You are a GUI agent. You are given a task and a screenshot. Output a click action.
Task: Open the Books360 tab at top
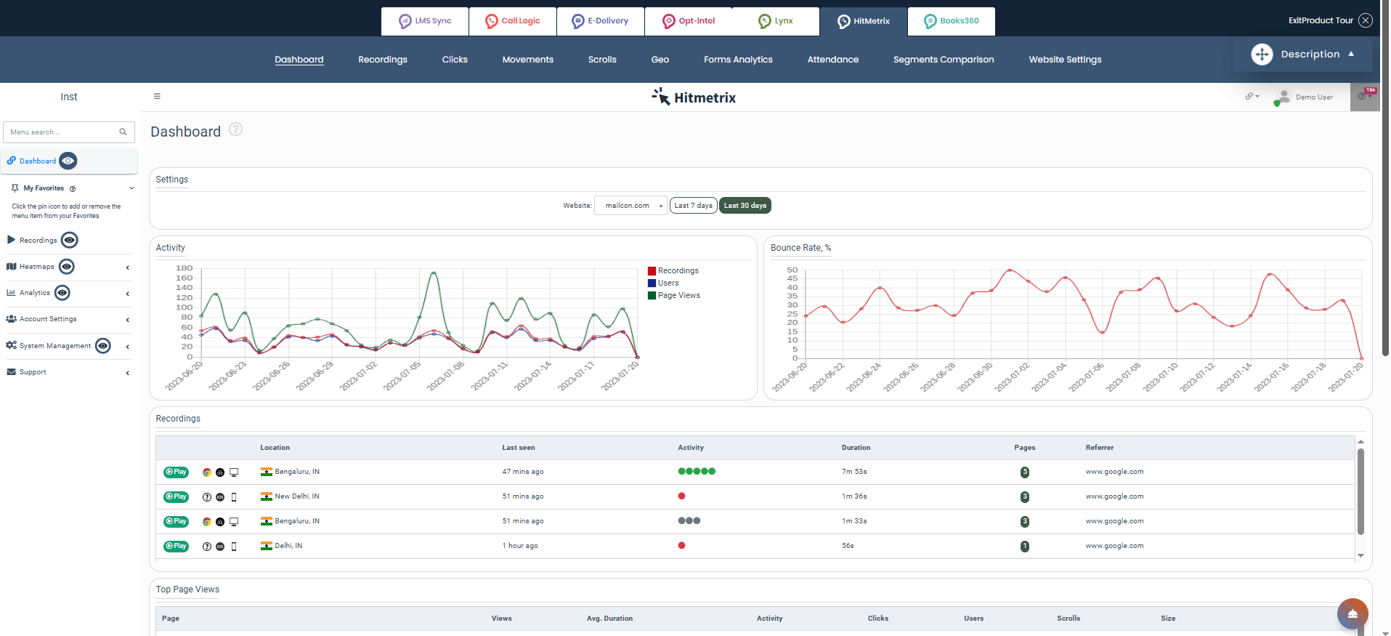click(x=951, y=21)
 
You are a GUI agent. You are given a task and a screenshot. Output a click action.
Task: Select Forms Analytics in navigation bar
click(x=737, y=60)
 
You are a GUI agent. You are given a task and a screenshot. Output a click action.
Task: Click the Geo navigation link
click(x=660, y=60)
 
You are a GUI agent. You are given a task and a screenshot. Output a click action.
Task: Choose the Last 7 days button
click(x=693, y=206)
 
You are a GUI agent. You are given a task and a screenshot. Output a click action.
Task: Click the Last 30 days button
click(x=745, y=206)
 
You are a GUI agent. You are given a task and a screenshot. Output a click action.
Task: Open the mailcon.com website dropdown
click(x=630, y=206)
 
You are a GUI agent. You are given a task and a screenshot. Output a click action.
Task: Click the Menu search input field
click(x=62, y=132)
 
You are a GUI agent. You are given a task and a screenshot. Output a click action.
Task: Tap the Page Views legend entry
click(x=678, y=296)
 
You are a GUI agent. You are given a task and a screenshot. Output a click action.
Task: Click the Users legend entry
click(x=668, y=283)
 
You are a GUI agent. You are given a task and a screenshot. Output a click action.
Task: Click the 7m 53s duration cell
click(x=853, y=472)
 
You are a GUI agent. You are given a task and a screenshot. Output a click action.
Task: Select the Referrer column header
click(x=1099, y=448)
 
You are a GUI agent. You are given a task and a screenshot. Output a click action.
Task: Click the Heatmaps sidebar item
click(x=36, y=267)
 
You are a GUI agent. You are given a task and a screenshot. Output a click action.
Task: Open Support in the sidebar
click(x=33, y=372)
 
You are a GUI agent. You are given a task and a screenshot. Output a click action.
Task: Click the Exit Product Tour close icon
click(x=1366, y=20)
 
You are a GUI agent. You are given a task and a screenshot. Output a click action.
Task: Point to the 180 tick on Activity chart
click(x=184, y=268)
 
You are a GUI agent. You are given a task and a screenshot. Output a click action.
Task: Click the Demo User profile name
click(x=1313, y=97)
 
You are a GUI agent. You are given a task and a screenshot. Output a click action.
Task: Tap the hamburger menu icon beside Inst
click(x=157, y=96)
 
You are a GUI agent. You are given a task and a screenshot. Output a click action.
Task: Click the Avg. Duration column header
click(x=609, y=619)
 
